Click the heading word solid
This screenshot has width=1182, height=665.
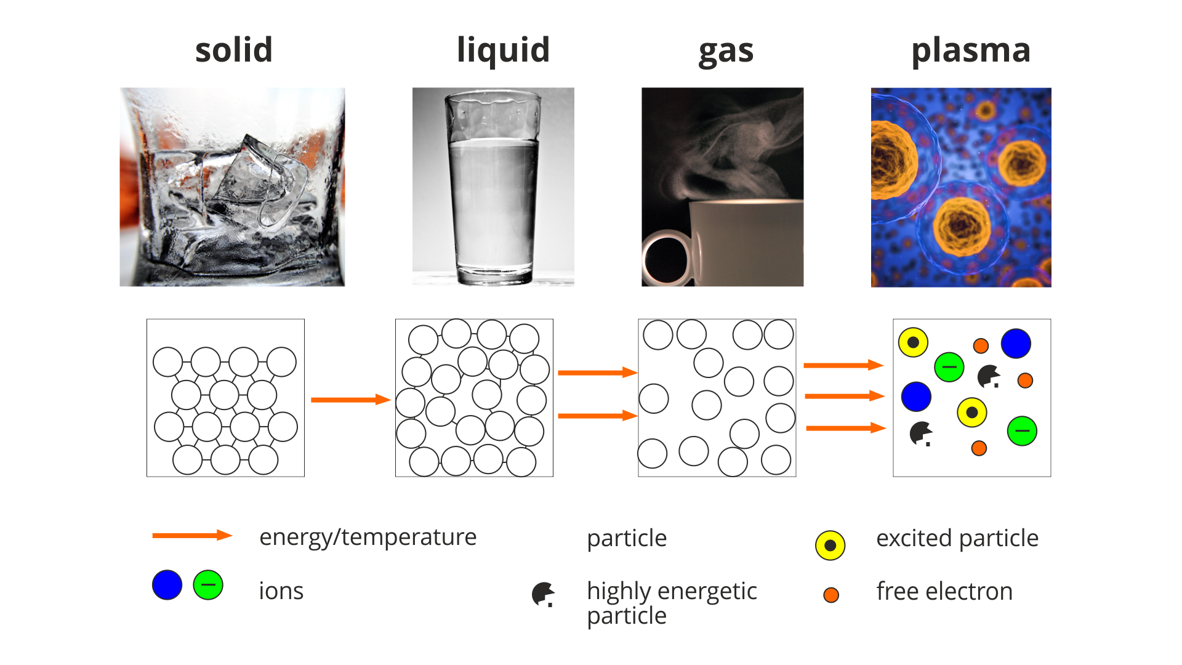[234, 50]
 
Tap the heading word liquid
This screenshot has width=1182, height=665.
[503, 50]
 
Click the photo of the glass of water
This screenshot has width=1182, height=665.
[493, 187]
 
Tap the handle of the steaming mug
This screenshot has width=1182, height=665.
[668, 258]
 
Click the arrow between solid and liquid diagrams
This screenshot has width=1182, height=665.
[351, 400]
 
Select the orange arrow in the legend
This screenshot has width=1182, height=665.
[192, 536]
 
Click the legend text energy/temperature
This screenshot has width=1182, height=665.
[368, 538]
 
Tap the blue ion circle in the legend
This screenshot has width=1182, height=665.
[167, 585]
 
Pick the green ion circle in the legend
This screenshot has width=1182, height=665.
[208, 585]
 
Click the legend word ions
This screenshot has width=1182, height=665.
[281, 591]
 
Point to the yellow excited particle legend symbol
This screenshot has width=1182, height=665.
[830, 545]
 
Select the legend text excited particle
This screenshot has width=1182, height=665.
[957, 539]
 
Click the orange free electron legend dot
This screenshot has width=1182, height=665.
[831, 595]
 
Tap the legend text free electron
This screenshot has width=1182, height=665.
[944, 591]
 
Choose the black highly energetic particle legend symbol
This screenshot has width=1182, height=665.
[544, 595]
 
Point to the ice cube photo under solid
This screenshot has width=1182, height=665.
[232, 187]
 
